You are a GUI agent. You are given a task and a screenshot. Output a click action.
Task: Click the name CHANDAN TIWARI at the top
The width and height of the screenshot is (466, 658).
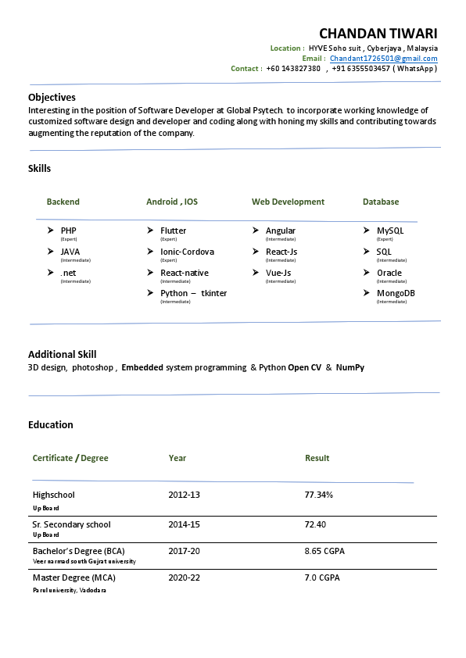pyautogui.click(x=378, y=34)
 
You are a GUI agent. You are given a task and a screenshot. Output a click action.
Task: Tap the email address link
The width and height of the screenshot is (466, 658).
pyautogui.click(x=383, y=59)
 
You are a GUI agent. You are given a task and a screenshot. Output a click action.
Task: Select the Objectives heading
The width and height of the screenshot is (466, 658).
pyautogui.click(x=52, y=98)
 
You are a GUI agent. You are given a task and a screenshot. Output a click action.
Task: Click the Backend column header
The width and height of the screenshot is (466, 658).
pyautogui.click(x=63, y=202)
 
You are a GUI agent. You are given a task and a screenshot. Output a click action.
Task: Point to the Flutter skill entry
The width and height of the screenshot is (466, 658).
pyautogui.click(x=174, y=231)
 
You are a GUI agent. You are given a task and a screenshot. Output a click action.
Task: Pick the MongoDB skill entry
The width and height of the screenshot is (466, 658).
pyautogui.click(x=396, y=294)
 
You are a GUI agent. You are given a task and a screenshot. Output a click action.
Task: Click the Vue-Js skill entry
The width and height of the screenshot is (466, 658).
pyautogui.click(x=278, y=273)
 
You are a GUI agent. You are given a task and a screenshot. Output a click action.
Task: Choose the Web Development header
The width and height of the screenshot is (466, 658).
pyautogui.click(x=288, y=202)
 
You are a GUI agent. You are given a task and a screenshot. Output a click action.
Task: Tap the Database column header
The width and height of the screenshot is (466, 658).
pyautogui.click(x=381, y=202)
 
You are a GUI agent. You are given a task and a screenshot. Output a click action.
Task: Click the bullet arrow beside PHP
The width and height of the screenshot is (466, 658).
pyautogui.click(x=51, y=231)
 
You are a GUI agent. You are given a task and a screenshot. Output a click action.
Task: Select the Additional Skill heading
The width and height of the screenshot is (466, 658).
pyautogui.click(x=63, y=354)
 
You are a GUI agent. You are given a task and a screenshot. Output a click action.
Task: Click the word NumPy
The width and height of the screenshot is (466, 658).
pyautogui.click(x=349, y=367)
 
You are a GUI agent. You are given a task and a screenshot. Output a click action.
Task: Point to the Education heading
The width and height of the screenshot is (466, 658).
pyautogui.click(x=51, y=425)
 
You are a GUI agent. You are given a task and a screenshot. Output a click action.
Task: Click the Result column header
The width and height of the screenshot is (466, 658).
pyautogui.click(x=317, y=458)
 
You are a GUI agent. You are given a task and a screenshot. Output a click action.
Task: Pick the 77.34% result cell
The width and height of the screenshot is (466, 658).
pyautogui.click(x=318, y=495)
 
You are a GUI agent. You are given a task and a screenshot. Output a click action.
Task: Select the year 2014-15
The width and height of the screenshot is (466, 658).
pyautogui.click(x=184, y=524)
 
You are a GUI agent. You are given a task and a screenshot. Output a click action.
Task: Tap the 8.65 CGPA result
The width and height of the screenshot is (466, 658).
pyautogui.click(x=324, y=551)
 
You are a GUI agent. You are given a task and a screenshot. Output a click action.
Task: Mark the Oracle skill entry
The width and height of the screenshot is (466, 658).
pyautogui.click(x=389, y=273)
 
